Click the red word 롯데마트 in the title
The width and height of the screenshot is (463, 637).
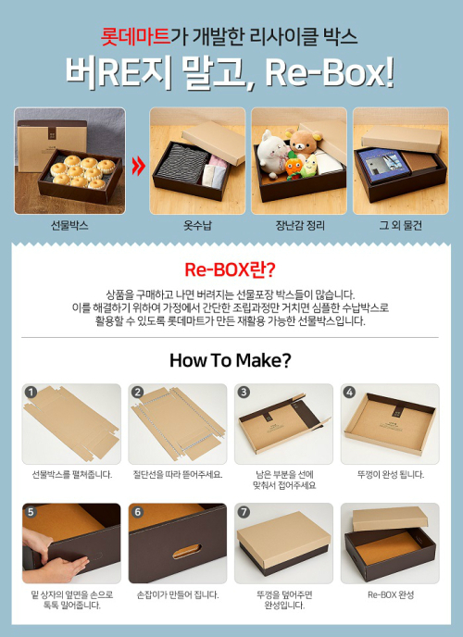(x=135, y=36)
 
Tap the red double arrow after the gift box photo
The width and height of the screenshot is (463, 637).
(x=139, y=167)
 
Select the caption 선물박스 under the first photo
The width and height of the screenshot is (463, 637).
(x=69, y=225)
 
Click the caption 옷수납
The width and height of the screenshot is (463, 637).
(x=197, y=225)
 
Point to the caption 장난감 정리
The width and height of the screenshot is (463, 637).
(x=300, y=225)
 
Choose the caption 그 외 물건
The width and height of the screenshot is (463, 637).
(x=400, y=225)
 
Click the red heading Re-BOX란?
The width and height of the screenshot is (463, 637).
(x=231, y=269)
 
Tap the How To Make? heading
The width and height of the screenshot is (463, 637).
(x=231, y=360)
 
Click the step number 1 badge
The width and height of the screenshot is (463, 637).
(x=31, y=392)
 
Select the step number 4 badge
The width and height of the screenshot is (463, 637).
(x=349, y=392)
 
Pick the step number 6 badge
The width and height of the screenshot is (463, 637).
(x=137, y=512)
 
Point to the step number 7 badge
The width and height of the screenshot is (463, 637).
(x=244, y=512)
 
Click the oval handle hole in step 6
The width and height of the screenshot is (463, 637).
(x=187, y=551)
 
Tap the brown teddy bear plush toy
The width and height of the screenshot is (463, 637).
(x=304, y=143)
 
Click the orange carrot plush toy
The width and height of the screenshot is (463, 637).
(x=294, y=166)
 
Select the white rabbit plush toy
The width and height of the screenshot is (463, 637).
(x=272, y=153)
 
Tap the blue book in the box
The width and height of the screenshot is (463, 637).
(x=382, y=165)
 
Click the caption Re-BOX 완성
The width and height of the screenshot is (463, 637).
(x=391, y=594)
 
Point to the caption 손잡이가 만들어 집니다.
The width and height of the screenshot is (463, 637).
(x=178, y=594)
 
